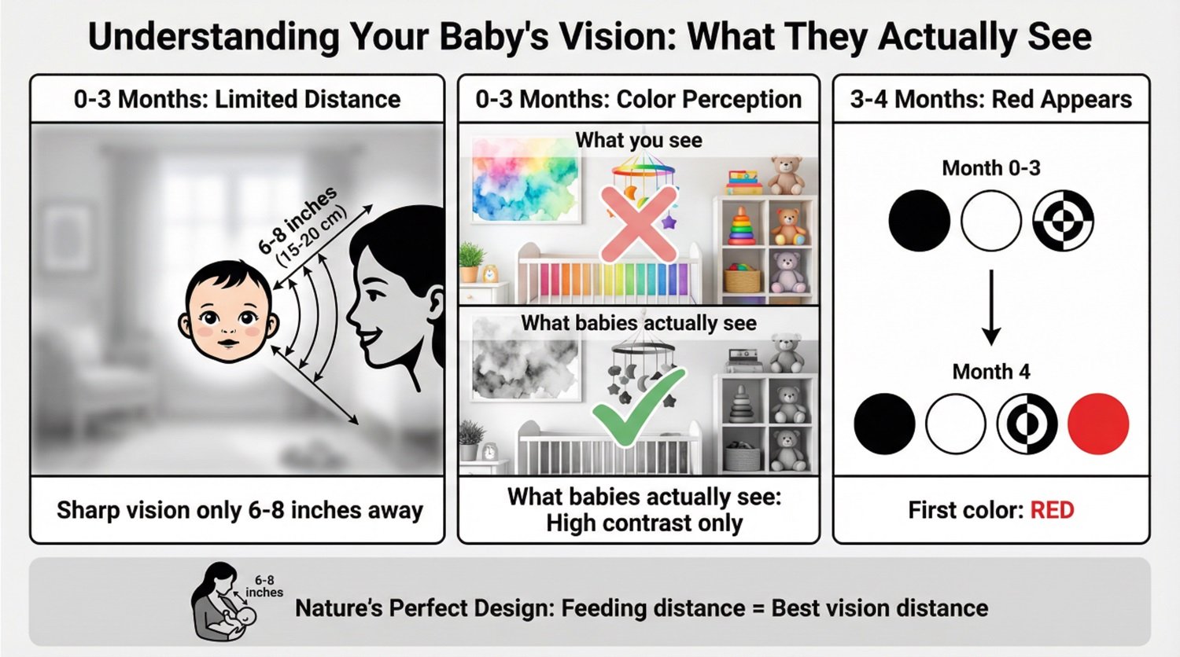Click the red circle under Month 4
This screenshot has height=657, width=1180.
click(x=1098, y=424)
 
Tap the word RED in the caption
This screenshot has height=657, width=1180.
click(x=1052, y=510)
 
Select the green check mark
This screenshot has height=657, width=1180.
click(x=639, y=406)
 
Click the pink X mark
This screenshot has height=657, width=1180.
click(x=639, y=224)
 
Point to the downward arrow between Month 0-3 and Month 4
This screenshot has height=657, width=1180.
click(x=991, y=307)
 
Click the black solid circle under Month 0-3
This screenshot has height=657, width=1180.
click(x=920, y=221)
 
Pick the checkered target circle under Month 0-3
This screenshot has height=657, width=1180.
click(x=1063, y=221)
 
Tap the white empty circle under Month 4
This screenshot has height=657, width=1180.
click(x=955, y=424)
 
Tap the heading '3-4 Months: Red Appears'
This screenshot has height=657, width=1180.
click(x=991, y=99)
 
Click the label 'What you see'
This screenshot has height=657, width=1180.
click(x=639, y=140)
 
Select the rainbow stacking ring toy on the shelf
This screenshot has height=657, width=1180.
click(x=742, y=226)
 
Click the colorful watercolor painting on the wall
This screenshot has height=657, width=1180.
click(x=525, y=179)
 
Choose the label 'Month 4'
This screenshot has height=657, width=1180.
click(x=991, y=372)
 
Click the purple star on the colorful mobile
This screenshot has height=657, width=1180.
click(x=669, y=221)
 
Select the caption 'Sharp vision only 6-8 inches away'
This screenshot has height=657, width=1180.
click(x=240, y=510)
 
